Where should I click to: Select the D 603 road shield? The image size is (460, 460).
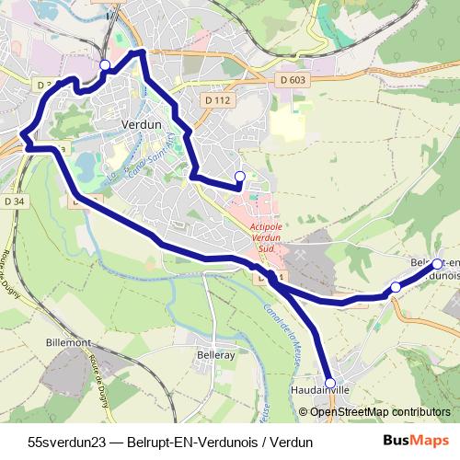pyautogui.click(x=291, y=80)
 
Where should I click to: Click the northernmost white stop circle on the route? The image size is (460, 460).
pyautogui.click(x=105, y=65)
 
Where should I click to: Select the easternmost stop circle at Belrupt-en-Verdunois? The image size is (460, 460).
pyautogui.click(x=437, y=265)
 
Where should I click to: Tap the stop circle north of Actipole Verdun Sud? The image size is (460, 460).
pyautogui.click(x=240, y=177)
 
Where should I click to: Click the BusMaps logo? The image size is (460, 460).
pyautogui.click(x=416, y=441)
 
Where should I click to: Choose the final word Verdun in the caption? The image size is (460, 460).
pyautogui.click(x=293, y=442)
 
